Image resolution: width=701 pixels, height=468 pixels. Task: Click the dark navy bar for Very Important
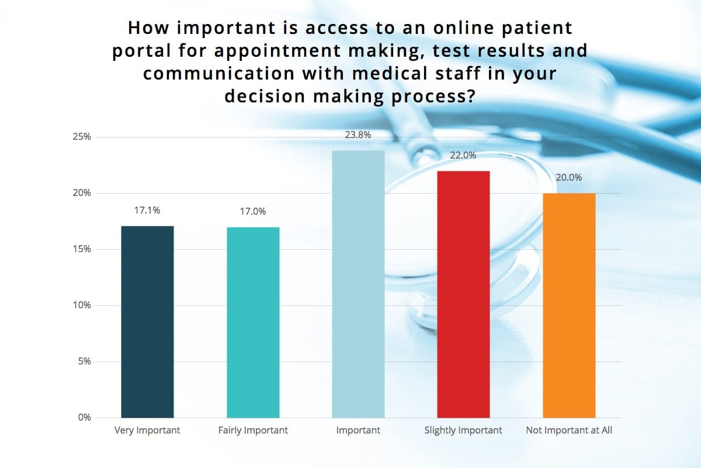[x=147, y=322]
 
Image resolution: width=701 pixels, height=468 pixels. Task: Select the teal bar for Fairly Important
[x=253, y=322]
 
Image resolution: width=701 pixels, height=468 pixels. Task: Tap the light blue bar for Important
[x=358, y=284]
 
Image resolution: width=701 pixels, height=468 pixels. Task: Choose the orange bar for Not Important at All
[x=569, y=305]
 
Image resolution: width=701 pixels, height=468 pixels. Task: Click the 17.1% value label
[x=147, y=211]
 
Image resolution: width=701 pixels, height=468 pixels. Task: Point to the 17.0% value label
[x=253, y=211]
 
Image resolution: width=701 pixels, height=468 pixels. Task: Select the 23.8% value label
[x=358, y=135]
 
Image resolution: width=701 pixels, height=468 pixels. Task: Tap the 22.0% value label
[x=463, y=156]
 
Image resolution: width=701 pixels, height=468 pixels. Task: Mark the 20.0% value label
[x=569, y=177]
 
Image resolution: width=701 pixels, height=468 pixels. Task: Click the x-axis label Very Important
[x=147, y=431]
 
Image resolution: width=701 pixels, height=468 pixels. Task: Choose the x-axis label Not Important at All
[x=569, y=431]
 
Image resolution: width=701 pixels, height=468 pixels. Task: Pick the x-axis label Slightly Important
[x=463, y=431]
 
